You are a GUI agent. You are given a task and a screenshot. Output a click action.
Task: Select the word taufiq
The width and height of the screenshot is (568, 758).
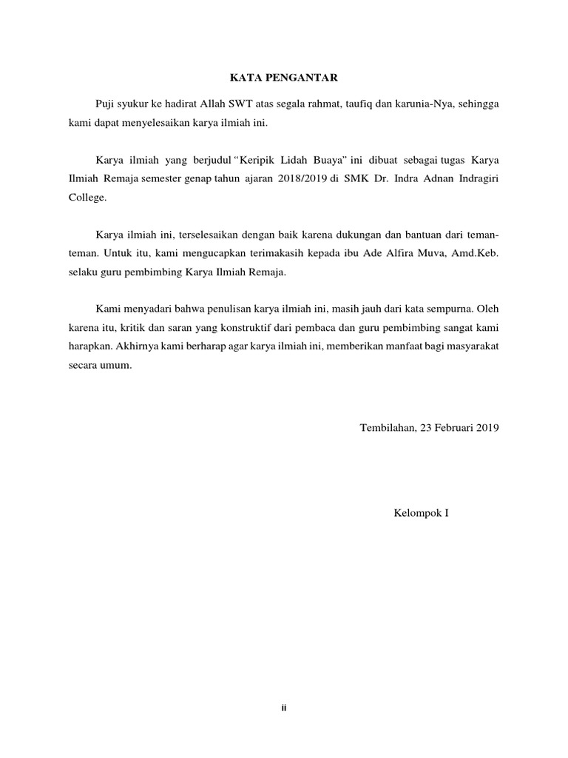[359, 104]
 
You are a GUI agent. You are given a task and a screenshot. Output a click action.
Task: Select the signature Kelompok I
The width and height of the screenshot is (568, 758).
[421, 512]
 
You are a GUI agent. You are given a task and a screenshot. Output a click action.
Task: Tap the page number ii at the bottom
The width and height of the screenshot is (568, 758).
[283, 708]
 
